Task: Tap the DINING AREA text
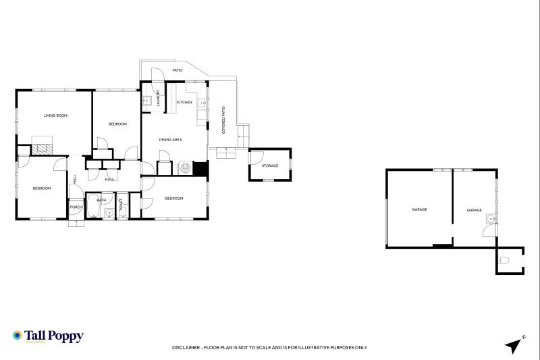tap(170, 140)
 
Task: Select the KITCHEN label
tap(184, 102)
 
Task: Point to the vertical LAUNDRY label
tap(158, 99)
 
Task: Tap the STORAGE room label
tap(270, 165)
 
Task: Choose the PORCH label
tap(76, 207)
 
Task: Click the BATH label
tap(101, 200)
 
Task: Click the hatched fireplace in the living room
tap(43, 149)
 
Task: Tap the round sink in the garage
tap(491, 219)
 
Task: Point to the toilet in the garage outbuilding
tap(503, 260)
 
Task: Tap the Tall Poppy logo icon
tap(18, 336)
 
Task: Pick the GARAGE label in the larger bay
tap(419, 209)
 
